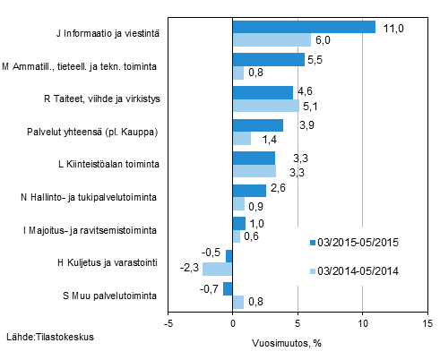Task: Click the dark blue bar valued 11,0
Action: click(x=304, y=27)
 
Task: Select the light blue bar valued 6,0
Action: click(x=272, y=40)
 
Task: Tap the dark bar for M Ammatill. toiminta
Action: click(x=268, y=60)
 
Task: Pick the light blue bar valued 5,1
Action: click(x=265, y=106)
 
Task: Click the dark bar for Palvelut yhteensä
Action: click(x=258, y=125)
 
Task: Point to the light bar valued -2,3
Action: click(x=218, y=269)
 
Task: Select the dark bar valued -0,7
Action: click(x=229, y=288)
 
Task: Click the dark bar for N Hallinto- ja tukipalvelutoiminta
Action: click(x=249, y=190)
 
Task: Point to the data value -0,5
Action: click(x=213, y=254)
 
